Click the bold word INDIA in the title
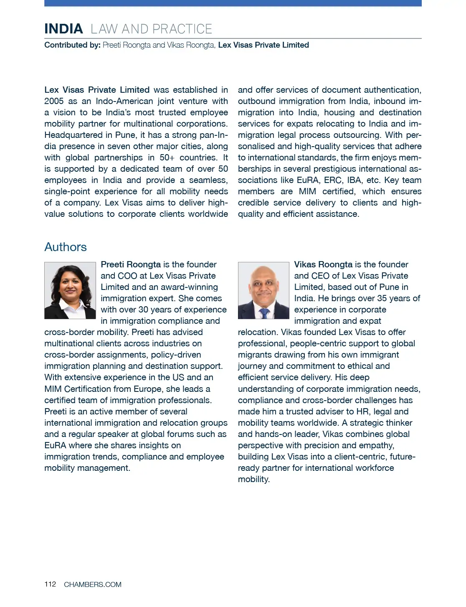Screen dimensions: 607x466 pos(63,29)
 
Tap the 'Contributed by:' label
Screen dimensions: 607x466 pos(72,45)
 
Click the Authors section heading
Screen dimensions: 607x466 pos(66,247)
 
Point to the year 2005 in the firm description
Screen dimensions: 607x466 pos(54,101)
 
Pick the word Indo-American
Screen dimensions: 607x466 pos(122,101)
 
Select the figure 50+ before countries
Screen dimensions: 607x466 pos(167,157)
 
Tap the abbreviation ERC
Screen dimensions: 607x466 pos(333,180)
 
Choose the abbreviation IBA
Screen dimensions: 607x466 pos(354,180)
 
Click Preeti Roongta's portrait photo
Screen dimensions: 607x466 pos(70,290)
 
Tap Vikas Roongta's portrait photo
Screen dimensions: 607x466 pos(263,290)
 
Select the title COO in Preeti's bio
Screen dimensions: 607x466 pos(127,276)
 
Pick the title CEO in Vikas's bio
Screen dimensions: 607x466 pos(320,276)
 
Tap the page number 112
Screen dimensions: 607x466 pos(50,584)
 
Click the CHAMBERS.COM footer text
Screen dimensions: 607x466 pos(93,584)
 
